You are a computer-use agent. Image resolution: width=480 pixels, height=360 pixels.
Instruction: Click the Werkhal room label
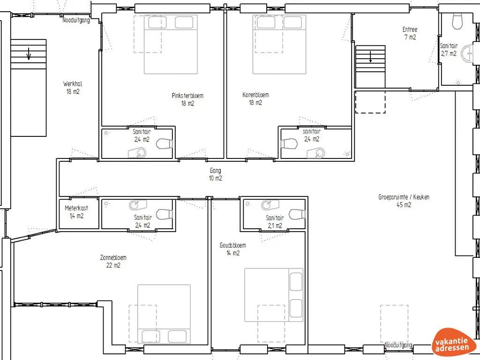[73, 83]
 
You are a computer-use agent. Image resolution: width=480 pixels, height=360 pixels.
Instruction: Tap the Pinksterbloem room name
[187, 96]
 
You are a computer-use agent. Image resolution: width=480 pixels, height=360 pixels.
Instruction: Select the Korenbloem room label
[255, 95]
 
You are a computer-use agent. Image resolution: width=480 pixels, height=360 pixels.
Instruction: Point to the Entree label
[410, 30]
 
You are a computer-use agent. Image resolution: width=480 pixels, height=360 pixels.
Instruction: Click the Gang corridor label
[215, 171]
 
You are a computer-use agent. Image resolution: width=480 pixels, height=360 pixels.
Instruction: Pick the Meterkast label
[76, 208]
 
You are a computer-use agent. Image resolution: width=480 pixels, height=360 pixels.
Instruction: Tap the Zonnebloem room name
[113, 257]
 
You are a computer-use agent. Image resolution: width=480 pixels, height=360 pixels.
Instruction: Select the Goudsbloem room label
[232, 245]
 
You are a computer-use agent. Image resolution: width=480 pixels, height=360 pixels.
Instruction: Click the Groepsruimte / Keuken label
[404, 197]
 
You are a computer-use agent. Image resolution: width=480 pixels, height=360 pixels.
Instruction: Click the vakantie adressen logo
[452, 343]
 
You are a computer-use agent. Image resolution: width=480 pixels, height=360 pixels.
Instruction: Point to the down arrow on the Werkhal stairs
[29, 53]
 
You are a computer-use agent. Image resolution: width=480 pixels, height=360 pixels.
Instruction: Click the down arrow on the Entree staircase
[370, 57]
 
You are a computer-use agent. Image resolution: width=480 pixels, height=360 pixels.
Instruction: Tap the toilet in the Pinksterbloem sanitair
[165, 143]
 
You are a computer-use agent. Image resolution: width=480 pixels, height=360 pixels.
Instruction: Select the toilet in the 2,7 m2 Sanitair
[457, 21]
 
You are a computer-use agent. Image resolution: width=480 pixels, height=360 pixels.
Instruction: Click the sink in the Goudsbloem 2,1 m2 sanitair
[270, 204]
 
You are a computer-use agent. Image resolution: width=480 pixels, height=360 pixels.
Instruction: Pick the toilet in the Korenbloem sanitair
[289, 143]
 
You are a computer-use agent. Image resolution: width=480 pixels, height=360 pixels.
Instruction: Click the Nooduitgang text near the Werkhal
[76, 21]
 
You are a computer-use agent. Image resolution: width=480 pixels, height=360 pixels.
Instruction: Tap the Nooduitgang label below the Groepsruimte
[398, 345]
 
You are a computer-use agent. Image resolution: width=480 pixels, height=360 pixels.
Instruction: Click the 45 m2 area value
[404, 205]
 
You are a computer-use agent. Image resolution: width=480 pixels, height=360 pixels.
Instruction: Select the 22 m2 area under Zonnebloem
[113, 265]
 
